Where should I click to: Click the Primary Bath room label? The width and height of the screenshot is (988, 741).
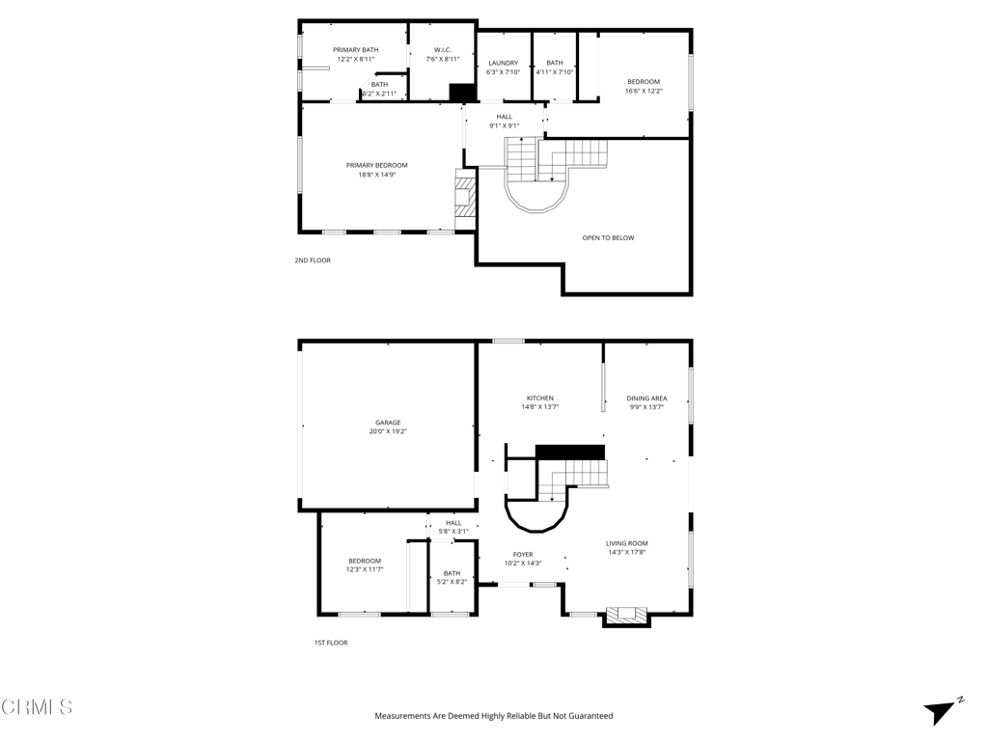(x=356, y=50)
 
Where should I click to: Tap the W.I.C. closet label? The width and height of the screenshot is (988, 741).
(x=442, y=50)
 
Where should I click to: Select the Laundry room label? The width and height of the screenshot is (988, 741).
(x=504, y=63)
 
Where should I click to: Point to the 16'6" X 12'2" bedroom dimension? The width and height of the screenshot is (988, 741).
(x=644, y=91)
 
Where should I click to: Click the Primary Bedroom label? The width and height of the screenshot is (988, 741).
(x=377, y=165)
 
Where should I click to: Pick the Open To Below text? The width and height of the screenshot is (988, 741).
(x=608, y=237)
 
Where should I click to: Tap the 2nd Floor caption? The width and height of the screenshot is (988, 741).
(x=313, y=261)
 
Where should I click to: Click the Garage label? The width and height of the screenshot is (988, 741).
(x=388, y=423)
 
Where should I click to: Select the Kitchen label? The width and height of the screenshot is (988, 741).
(x=540, y=398)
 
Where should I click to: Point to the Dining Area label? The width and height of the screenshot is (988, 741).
(x=646, y=398)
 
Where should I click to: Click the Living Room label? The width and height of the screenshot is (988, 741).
(x=627, y=543)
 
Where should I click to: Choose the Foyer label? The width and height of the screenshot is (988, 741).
(x=523, y=555)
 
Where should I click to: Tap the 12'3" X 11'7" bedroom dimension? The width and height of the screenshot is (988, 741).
(x=365, y=569)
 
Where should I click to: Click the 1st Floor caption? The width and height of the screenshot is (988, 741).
(x=331, y=643)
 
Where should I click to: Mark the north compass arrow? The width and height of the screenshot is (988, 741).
(x=940, y=712)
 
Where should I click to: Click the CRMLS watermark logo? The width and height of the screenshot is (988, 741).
(x=36, y=707)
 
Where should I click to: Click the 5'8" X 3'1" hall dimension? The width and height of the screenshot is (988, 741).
(x=453, y=532)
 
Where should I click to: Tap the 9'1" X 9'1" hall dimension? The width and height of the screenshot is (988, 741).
(x=504, y=125)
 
